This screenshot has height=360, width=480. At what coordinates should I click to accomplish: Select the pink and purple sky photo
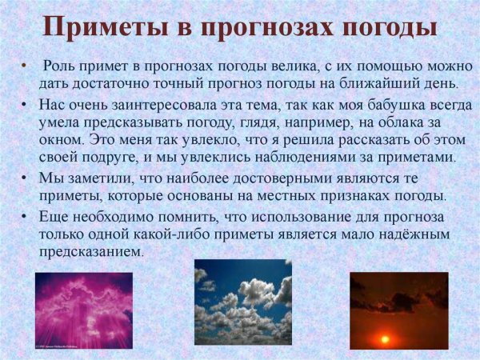click(x=82, y=310)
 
